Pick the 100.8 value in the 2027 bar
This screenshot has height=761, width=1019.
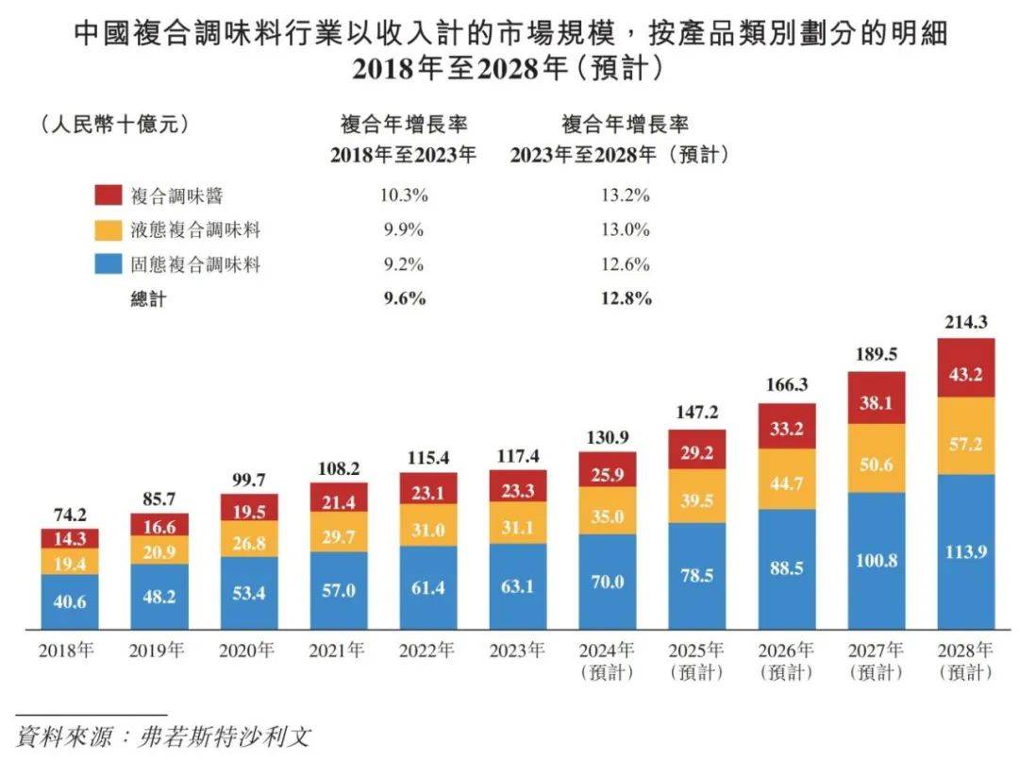875,561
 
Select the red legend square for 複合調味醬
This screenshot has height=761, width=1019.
107,196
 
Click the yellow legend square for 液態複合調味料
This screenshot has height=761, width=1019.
107,230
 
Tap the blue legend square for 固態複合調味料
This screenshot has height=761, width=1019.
107,264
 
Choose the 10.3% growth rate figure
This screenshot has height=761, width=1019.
404,196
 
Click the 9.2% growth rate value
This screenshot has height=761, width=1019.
404,264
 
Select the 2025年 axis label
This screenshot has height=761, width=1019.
696,651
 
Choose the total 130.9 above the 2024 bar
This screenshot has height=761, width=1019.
608,438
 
